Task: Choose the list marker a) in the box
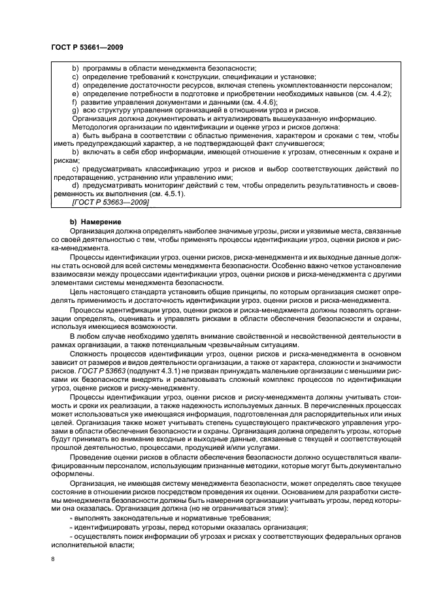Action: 75,135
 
